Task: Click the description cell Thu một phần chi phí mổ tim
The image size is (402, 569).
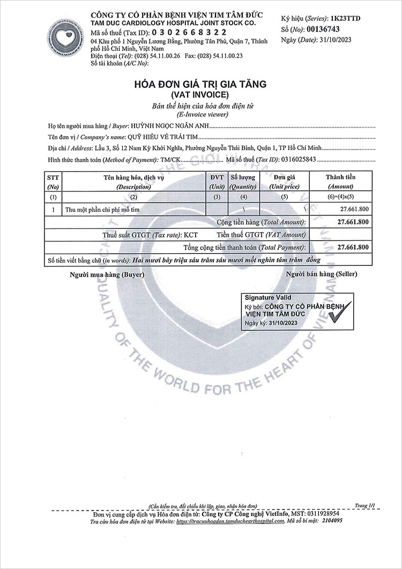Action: [102, 210]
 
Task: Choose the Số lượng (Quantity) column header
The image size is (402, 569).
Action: [243, 182]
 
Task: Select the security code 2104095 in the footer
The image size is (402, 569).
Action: [331, 520]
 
